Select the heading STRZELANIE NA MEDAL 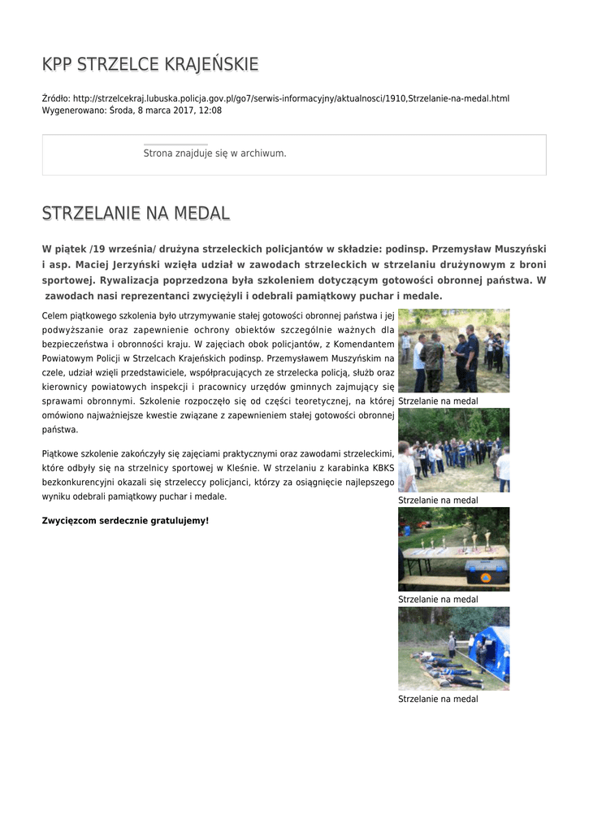(x=136, y=214)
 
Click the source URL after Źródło (x=291, y=98)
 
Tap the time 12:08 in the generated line (x=210, y=110)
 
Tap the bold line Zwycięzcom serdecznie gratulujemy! (x=125, y=520)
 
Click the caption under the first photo (x=438, y=401)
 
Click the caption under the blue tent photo (x=438, y=699)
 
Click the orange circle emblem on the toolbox (x=486, y=576)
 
